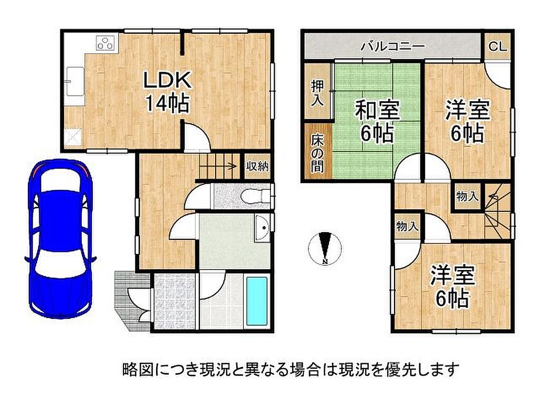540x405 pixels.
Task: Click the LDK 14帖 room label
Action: click(x=167, y=92)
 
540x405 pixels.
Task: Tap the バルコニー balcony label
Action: click(x=392, y=46)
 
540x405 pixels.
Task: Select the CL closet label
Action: click(x=498, y=46)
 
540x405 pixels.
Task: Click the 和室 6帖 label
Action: click(x=377, y=121)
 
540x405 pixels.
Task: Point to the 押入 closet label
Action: click(x=317, y=93)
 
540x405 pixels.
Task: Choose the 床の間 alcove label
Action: click(x=317, y=152)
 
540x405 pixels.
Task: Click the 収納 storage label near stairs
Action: click(x=257, y=167)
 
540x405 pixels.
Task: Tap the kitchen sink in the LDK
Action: click(x=74, y=81)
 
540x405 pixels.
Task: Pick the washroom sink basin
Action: click(x=263, y=228)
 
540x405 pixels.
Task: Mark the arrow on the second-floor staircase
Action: click(x=493, y=197)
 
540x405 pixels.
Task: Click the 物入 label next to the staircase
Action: click(x=467, y=197)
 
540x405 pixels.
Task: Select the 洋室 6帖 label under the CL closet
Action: click(x=467, y=121)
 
